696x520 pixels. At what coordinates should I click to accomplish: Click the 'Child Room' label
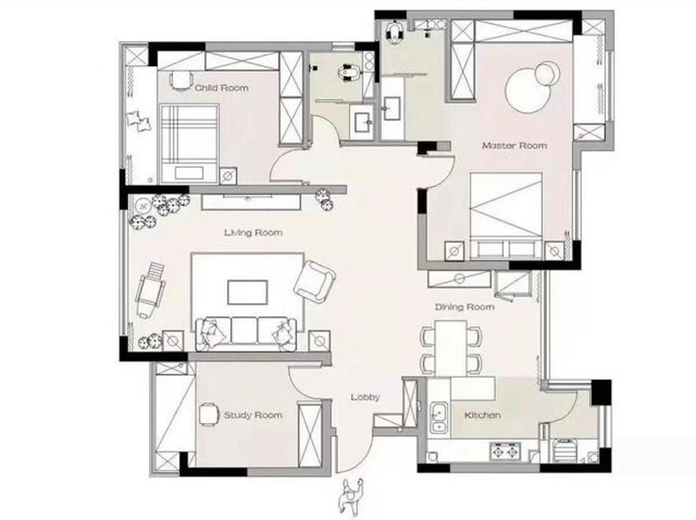[222, 88]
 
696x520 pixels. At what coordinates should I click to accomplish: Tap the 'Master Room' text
[514, 146]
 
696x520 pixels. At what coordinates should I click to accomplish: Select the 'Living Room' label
[253, 233]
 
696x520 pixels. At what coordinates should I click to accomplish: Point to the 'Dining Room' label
[464, 307]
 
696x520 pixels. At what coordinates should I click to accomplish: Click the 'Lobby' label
[365, 397]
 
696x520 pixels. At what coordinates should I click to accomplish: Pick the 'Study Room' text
[253, 415]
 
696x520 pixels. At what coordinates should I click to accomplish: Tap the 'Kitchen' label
[482, 415]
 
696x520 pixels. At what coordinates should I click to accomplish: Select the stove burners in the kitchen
[504, 451]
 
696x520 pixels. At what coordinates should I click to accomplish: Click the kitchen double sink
[439, 418]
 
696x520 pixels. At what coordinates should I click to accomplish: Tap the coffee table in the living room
[247, 292]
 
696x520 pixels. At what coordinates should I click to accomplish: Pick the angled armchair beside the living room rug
[314, 282]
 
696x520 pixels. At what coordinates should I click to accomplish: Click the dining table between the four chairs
[451, 348]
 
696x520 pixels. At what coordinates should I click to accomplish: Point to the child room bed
[189, 143]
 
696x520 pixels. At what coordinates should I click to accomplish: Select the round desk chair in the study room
[209, 414]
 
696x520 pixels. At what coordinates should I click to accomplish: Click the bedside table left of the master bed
[455, 251]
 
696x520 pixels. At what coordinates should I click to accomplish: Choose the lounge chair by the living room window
[150, 290]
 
